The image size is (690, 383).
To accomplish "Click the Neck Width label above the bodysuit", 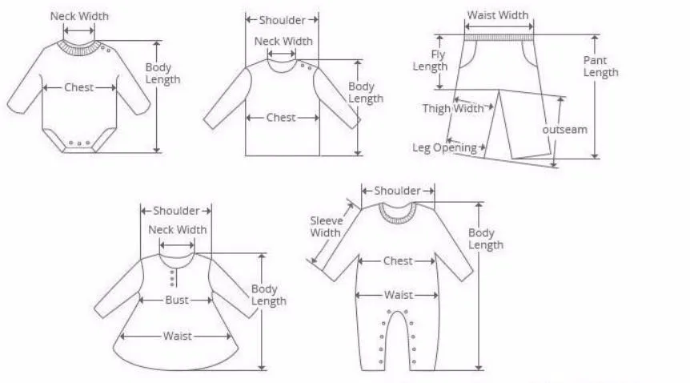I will point(79,16).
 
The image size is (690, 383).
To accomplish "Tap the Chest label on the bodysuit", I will point(79,87).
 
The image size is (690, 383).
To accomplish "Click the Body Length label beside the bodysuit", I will point(162,74).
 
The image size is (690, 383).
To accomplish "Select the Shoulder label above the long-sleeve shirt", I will point(282,20).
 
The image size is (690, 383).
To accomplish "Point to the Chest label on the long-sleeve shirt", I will point(281,118).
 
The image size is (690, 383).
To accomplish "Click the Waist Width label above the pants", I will point(497,15).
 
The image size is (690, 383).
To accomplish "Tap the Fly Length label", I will point(430,61).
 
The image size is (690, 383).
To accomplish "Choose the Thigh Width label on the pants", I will point(453,108).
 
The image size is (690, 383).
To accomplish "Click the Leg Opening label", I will point(444,147).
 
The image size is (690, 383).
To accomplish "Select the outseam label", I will point(564,129).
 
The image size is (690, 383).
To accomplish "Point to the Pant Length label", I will point(600,67).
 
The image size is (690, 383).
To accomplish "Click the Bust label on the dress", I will point(177,300).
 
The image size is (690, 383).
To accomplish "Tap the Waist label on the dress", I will point(177,336).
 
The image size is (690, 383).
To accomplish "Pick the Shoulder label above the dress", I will point(176,211).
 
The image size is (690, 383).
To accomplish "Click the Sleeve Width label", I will point(326,227).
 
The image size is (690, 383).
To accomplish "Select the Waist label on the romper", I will point(398,295).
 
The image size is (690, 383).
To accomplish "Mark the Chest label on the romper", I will point(398,261).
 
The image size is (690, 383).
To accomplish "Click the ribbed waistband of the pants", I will point(499,36).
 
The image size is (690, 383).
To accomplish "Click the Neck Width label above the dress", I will point(177,230).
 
